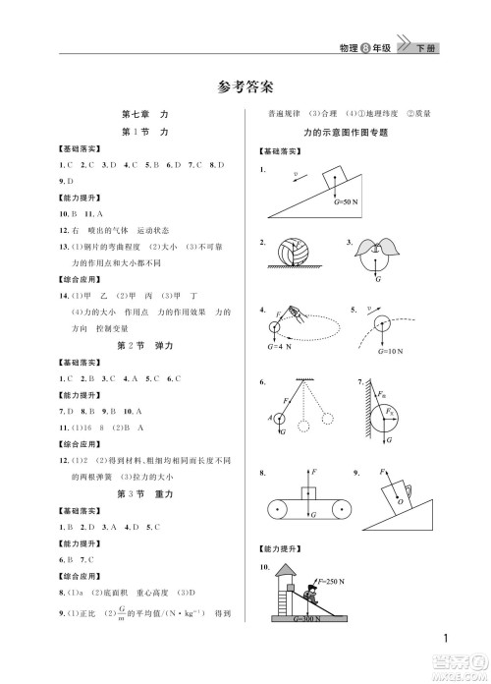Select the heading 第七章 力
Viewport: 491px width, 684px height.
point(143,114)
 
